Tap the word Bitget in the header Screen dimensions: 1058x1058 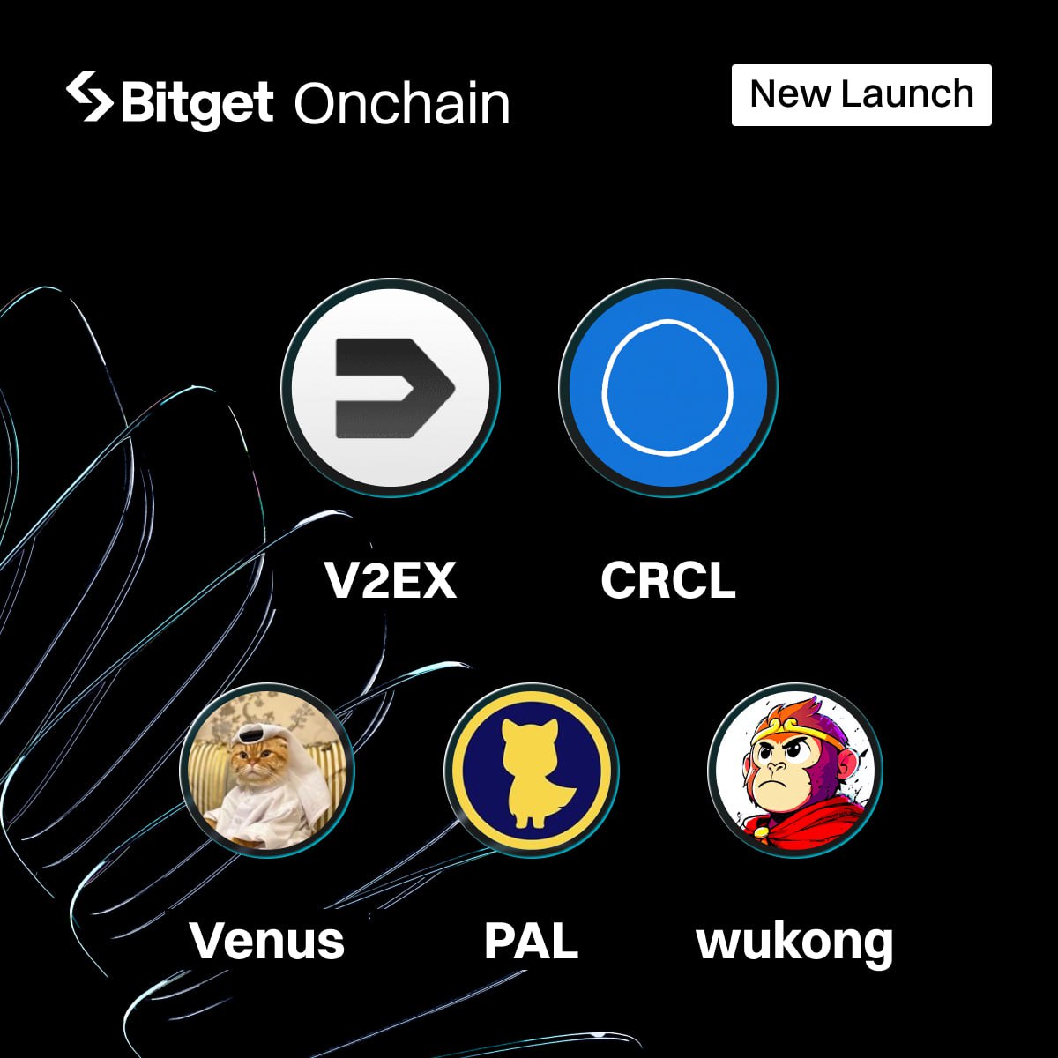point(197,103)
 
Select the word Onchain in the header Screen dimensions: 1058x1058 point(402,104)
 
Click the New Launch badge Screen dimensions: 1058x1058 point(861,94)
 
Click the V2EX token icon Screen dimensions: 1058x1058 point(391,387)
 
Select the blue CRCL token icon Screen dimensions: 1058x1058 point(668,387)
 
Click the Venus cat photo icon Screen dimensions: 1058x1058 point(266,771)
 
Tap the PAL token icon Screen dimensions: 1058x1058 point(532,771)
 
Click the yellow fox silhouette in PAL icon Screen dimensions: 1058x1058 point(532,772)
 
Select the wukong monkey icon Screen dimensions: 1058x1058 point(795,771)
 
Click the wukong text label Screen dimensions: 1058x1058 point(795,942)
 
